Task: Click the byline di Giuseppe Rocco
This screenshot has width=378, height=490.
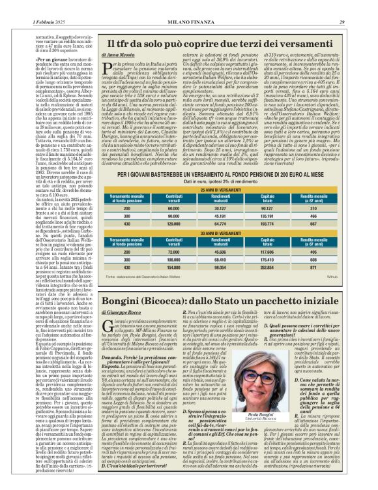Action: pyautogui.click(x=119, y=313)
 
